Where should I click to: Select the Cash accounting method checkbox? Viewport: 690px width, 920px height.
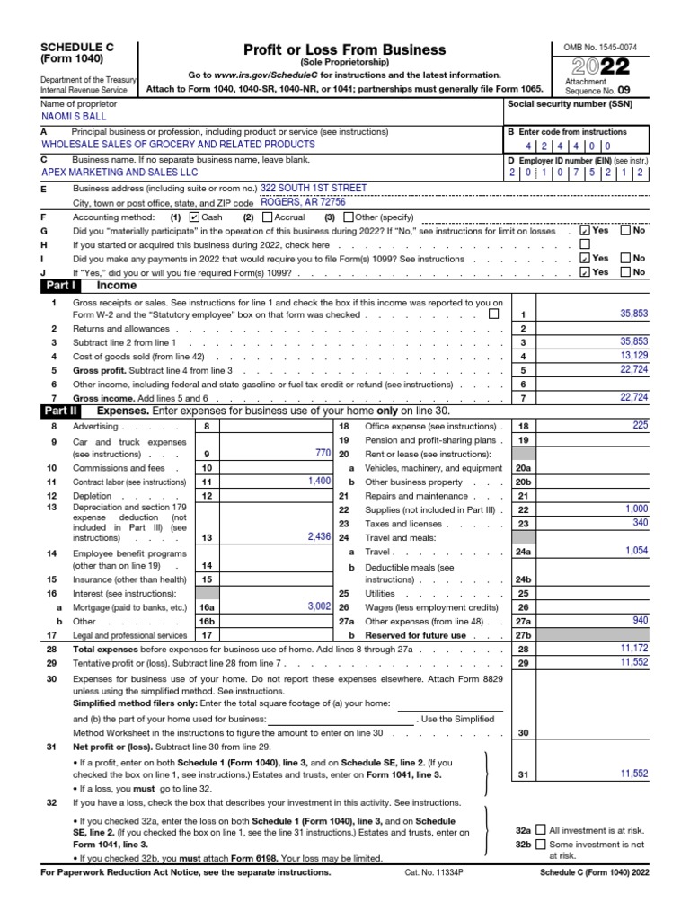coord(195,217)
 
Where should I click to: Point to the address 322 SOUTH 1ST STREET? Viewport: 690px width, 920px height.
coord(313,188)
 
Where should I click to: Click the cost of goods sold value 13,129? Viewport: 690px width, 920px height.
coord(633,356)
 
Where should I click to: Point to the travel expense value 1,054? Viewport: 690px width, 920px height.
coord(633,551)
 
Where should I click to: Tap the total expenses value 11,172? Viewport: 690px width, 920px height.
coord(632,647)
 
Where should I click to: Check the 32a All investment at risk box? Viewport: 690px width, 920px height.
coord(540,830)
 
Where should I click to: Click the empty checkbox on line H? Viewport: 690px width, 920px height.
coord(586,243)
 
